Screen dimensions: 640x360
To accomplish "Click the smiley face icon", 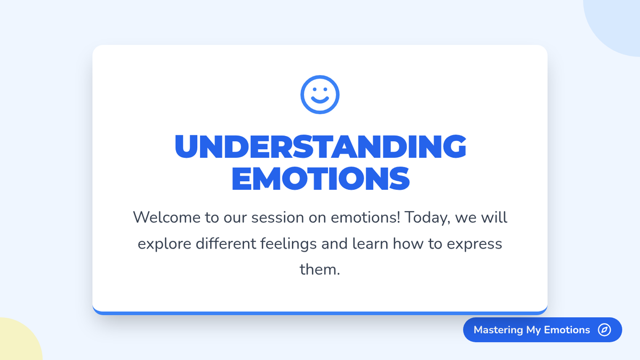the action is tap(320, 94).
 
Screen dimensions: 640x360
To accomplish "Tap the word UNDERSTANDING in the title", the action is tap(321, 146).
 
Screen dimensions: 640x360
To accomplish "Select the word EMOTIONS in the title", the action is tap(321, 179).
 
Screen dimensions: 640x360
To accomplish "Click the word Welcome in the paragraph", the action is tap(167, 218).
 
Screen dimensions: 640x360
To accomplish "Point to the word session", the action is tap(277, 218).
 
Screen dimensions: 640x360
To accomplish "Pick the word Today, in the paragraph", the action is tap(427, 218).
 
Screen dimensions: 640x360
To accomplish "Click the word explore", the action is tap(164, 244).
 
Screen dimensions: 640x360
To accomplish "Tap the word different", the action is tap(226, 244).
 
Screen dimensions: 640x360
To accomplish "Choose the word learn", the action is tap(370, 244).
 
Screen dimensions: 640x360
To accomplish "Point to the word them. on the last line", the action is tap(319, 269).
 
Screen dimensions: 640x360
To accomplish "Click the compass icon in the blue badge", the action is tap(604, 330).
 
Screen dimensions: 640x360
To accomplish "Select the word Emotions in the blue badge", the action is tap(567, 330).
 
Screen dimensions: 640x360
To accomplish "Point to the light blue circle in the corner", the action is tap(617, 23).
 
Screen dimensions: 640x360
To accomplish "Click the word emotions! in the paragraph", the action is tap(365, 218).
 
